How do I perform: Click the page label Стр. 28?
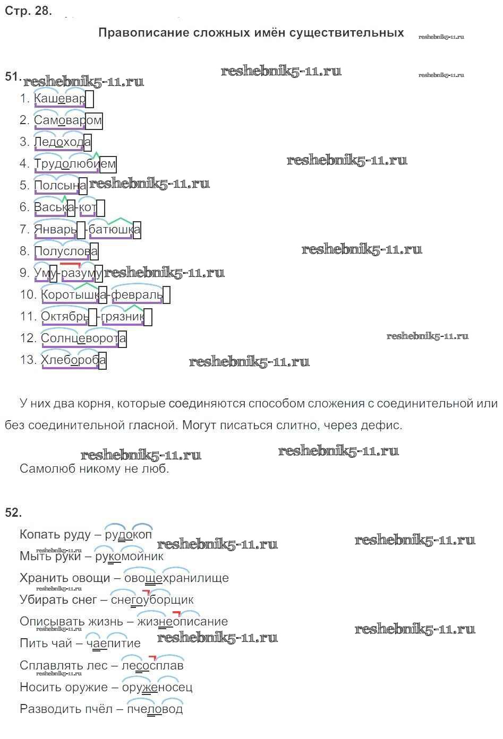pyautogui.click(x=28, y=11)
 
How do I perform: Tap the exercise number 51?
pyautogui.click(x=13, y=76)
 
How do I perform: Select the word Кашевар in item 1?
pyautogui.click(x=59, y=99)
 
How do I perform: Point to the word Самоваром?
pyautogui.click(x=67, y=120)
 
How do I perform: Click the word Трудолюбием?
pyautogui.click(x=74, y=164)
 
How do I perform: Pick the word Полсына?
pyautogui.click(x=60, y=186)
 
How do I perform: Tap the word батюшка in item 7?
pyautogui.click(x=114, y=229)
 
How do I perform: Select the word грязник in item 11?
pyautogui.click(x=123, y=317)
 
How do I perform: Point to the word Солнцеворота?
pyautogui.click(x=83, y=338)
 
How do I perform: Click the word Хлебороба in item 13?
pyautogui.click(x=73, y=360)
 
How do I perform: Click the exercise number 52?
pyautogui.click(x=13, y=512)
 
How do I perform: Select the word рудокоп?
pyautogui.click(x=128, y=535)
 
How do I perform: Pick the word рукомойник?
pyautogui.click(x=129, y=557)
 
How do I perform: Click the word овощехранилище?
pyautogui.click(x=176, y=578)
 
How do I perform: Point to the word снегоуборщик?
pyautogui.click(x=152, y=600)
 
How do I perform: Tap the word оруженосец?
pyautogui.click(x=157, y=688)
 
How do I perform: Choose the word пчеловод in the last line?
pyautogui.click(x=154, y=709)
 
